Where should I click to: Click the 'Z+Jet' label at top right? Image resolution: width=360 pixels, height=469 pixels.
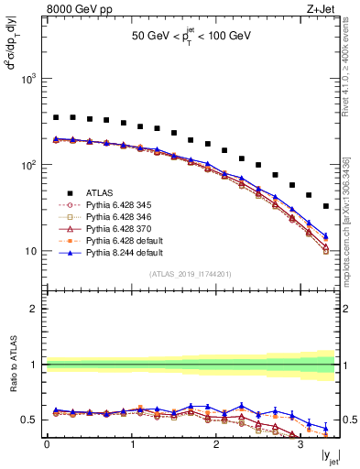[x=322, y=10]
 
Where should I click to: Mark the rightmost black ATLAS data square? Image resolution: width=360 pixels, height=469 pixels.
[x=326, y=206]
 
